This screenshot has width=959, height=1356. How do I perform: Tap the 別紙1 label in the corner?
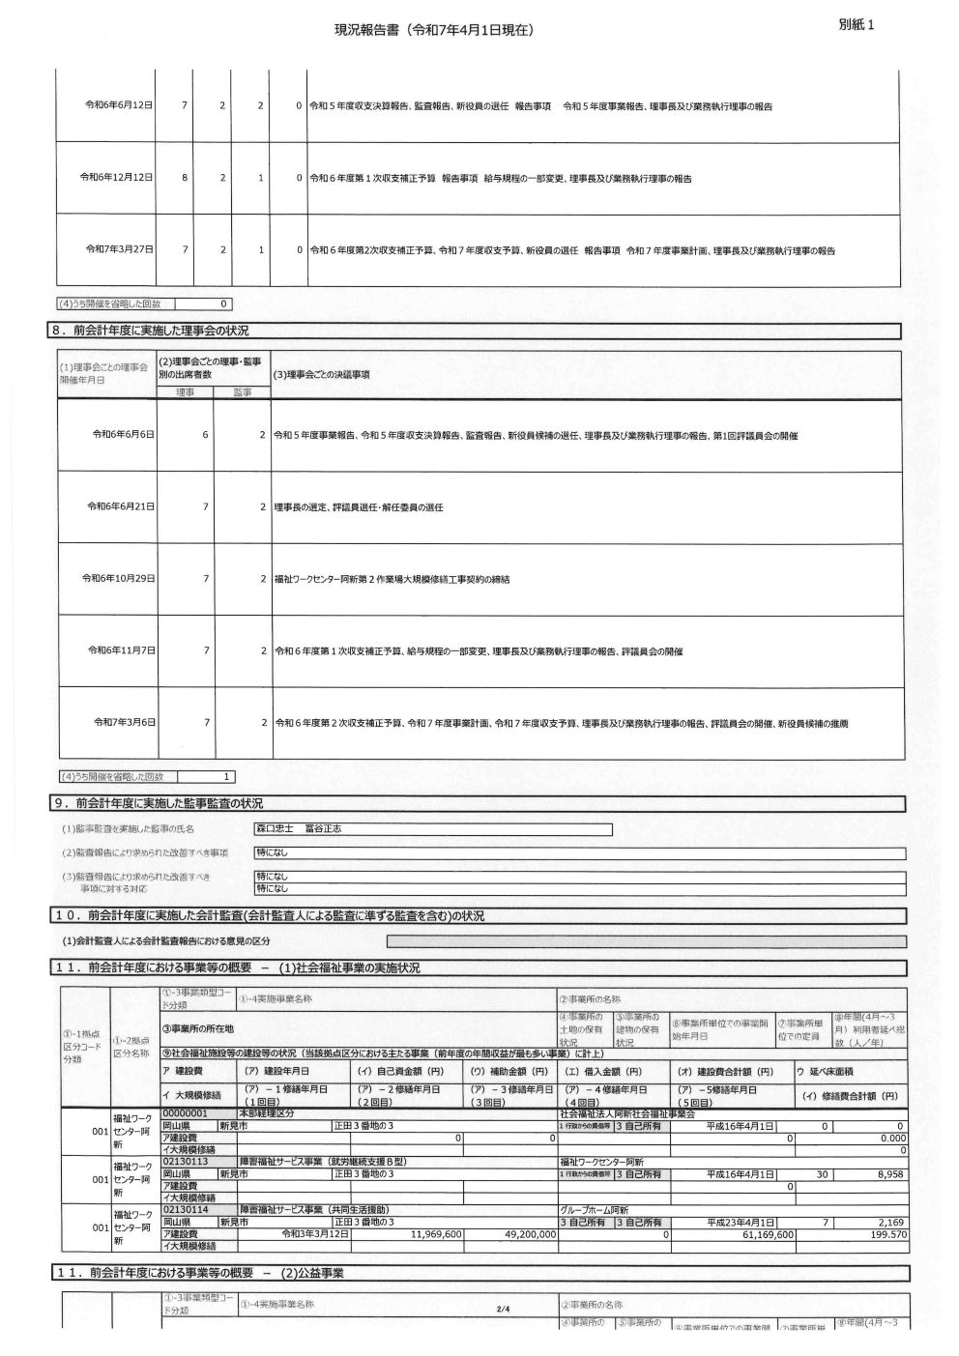click(857, 25)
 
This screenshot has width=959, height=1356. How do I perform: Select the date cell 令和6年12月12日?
click(116, 178)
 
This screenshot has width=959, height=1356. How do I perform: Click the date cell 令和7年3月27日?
click(119, 249)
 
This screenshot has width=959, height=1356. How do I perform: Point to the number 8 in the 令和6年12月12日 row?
click(184, 178)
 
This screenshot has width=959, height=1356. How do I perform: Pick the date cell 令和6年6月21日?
click(121, 506)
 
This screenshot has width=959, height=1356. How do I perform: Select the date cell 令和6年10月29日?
click(119, 578)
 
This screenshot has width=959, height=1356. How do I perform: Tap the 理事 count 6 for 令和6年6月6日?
click(205, 435)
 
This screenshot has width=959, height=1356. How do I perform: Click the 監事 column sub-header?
click(242, 392)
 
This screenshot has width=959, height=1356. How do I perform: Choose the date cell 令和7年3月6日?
click(124, 722)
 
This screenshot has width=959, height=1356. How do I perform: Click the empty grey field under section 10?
click(646, 941)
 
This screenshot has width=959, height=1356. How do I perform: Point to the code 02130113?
click(187, 1161)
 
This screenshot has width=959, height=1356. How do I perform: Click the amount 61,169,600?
click(768, 1234)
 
